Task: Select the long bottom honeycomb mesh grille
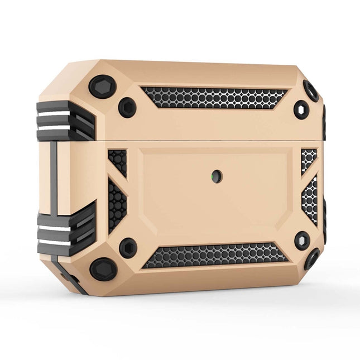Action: [x=215, y=255]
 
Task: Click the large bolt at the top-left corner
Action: [x=103, y=87]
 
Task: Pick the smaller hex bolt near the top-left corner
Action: [x=127, y=107]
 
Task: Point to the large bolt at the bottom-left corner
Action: [x=103, y=269]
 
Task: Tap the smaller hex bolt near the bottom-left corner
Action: [x=128, y=247]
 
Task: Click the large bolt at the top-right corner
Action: [x=310, y=90]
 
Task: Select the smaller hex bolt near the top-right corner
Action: [x=301, y=109]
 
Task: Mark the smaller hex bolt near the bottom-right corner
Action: [x=302, y=241]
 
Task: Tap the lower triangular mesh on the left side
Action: [x=117, y=204]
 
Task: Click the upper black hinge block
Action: [x=64, y=120]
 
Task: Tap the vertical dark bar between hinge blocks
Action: [x=54, y=176]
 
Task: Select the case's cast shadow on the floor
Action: [x=223, y=307]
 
